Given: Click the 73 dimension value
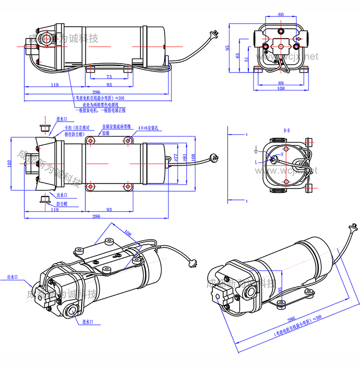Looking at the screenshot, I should [x=109, y=77].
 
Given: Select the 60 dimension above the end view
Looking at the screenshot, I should [x=281, y=14].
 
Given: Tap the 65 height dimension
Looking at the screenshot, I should [x=238, y=54].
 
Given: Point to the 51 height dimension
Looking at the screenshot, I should [x=247, y=60].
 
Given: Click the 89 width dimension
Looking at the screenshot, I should [x=281, y=82].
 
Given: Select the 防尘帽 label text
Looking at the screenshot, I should [x=62, y=204].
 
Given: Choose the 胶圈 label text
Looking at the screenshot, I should [x=106, y=133].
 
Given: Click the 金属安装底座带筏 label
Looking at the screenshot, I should [x=117, y=126].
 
